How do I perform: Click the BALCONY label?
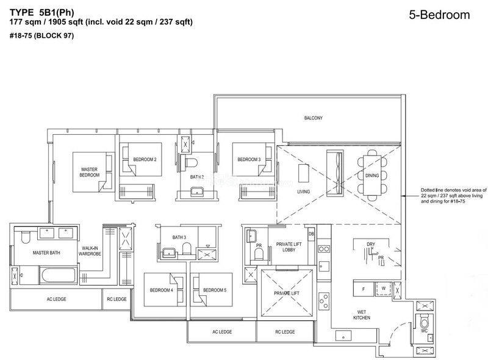coord(313,118)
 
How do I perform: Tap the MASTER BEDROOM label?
coord(89,172)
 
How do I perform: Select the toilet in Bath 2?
coord(192,163)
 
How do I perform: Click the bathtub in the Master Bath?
coord(58,275)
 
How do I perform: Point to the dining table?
coord(372,175)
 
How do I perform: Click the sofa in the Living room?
coord(335,173)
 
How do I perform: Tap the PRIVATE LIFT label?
coord(287,293)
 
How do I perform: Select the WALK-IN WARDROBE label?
coord(90,251)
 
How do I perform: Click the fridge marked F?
coord(364,289)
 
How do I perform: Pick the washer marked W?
coord(384,289)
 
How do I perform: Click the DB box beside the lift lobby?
coord(311,234)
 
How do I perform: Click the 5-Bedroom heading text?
coord(439,15)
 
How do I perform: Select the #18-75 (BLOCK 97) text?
coord(41,35)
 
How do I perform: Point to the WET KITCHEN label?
coord(362,315)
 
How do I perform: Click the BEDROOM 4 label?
coord(162,290)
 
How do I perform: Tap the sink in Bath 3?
coord(168,253)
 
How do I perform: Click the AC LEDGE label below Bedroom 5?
coord(222,332)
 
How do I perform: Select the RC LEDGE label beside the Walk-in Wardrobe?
coord(117,299)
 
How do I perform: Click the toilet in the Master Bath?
coord(26,237)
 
